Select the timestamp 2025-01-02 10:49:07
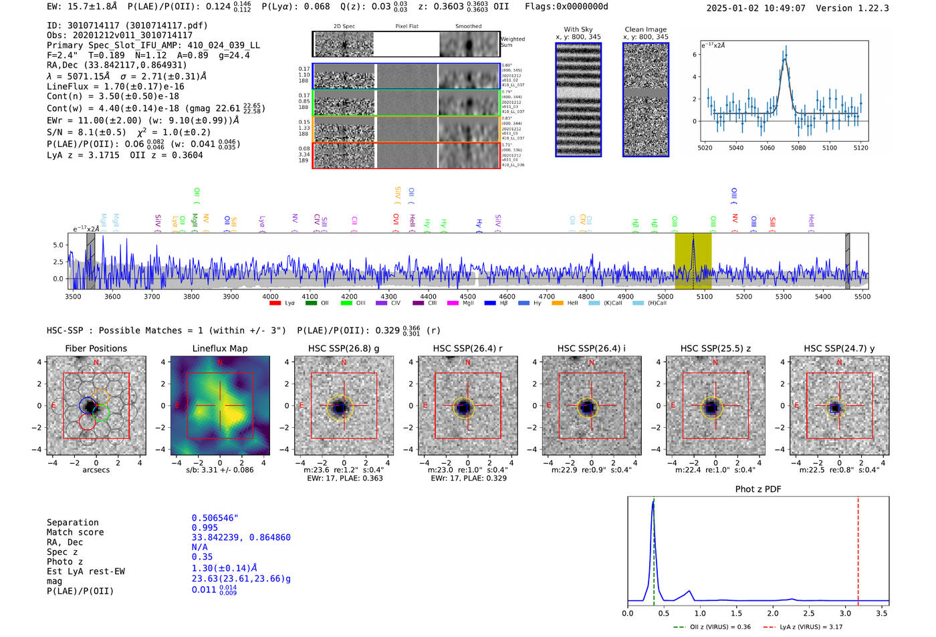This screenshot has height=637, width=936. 755,8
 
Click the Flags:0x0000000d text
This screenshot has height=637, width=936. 566,7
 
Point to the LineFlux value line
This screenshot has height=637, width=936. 115,86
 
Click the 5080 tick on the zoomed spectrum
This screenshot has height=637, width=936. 798,148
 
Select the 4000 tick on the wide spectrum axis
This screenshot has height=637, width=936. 270,296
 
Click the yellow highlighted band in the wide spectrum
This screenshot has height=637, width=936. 693,261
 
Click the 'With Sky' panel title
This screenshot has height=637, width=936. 578,29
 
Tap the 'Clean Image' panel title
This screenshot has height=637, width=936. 645,29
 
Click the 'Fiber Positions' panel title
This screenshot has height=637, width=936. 96,348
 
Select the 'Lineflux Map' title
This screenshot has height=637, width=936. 220,348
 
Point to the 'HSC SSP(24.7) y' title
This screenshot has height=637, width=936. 839,348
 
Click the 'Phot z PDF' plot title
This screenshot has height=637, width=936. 758,489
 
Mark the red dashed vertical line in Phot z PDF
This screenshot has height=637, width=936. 858,548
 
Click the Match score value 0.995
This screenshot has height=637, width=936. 203,527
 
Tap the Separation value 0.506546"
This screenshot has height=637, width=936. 215,518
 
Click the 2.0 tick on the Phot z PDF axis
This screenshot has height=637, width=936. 773,613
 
